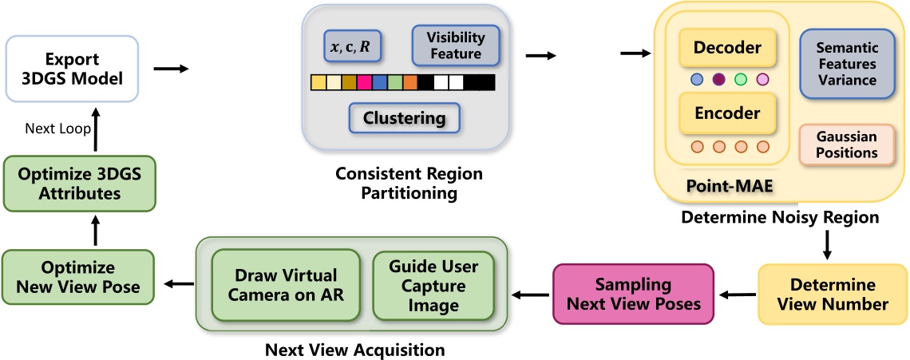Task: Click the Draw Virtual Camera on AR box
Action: (x=285, y=285)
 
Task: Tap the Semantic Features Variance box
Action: (x=846, y=65)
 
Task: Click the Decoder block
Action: (x=727, y=49)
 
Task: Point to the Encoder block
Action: (x=727, y=113)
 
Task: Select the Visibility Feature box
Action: (x=453, y=47)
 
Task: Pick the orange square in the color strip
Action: (x=409, y=82)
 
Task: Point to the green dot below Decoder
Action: (x=740, y=79)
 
